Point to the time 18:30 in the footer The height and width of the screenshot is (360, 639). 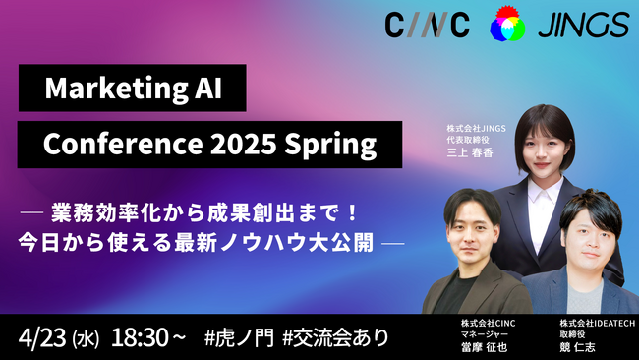(x=139, y=337)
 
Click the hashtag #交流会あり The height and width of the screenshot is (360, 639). (x=335, y=337)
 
